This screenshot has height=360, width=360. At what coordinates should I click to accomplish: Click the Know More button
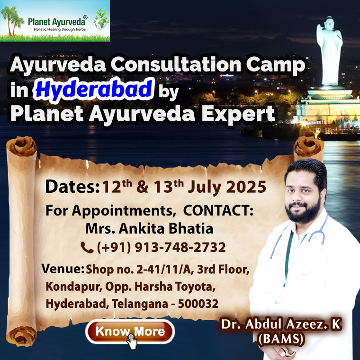coord(130,332)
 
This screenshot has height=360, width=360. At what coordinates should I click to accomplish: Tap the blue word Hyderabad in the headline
coord(94,90)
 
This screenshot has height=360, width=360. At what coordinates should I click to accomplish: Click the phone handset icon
coord(87,247)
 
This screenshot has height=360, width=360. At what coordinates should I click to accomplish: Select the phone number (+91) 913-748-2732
coord(162,247)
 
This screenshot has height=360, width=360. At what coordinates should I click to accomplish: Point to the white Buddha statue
coord(329,51)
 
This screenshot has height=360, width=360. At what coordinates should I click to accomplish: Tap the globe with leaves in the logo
coord(101,19)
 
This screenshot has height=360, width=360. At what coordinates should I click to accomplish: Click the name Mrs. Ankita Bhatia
coord(149,229)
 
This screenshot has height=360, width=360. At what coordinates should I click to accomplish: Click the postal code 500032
coord(198,304)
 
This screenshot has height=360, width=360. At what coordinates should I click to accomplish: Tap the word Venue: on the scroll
coord(63,269)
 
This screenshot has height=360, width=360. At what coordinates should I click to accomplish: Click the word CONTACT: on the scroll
coord(218,210)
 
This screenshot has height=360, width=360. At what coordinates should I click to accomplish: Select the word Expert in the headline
coord(238,114)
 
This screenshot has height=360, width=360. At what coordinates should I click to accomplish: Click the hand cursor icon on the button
coord(132,342)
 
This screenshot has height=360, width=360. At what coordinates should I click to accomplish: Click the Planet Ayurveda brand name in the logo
coord(57,22)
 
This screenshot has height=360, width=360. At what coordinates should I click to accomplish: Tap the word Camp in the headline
coord(276,65)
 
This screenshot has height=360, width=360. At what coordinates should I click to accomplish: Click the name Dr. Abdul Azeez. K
coord(281,324)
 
